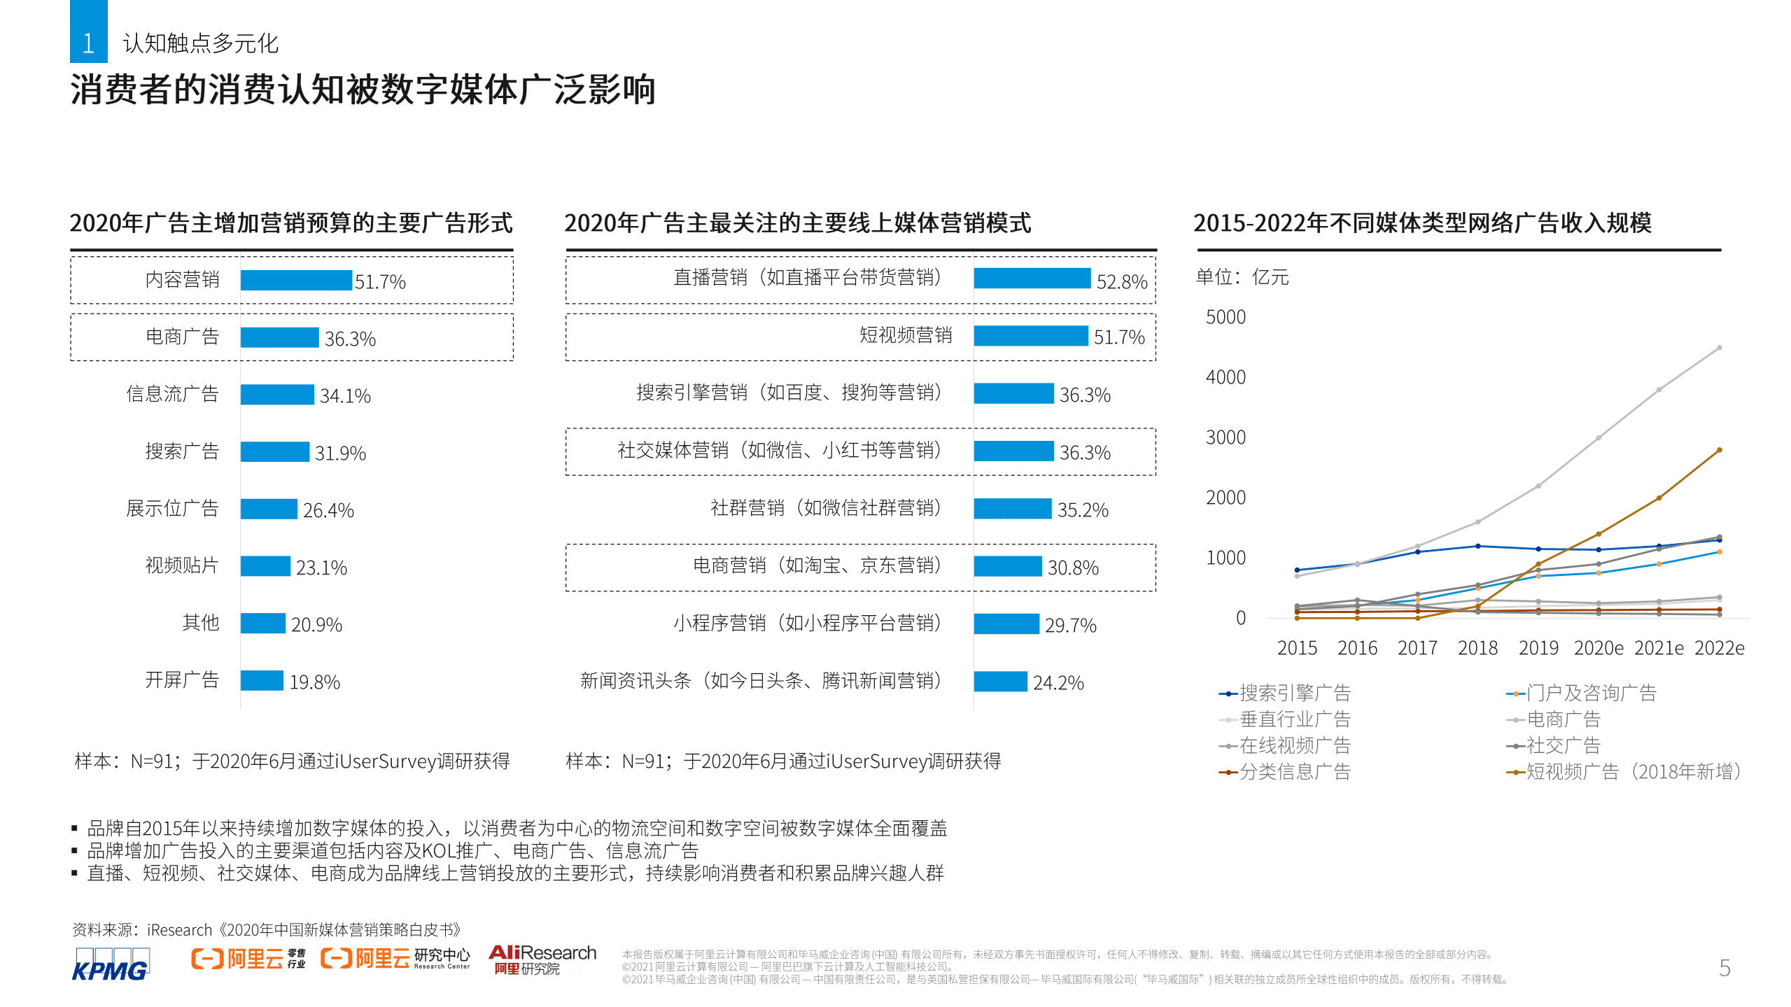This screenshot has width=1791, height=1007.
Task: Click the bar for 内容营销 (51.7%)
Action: pos(296,280)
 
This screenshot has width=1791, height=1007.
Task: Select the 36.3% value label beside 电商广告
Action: pos(350,339)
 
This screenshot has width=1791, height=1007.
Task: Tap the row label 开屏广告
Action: pos(182,679)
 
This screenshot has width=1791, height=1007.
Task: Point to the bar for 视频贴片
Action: pos(265,565)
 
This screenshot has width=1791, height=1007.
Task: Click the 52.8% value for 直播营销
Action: pos(1121,281)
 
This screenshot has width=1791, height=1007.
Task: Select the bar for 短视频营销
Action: pos(1030,336)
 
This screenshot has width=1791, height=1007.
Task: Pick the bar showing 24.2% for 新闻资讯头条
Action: pos(1000,681)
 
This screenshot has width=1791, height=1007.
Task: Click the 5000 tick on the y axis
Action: pos(1225,317)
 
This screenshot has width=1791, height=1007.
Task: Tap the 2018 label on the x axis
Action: pos(1477,648)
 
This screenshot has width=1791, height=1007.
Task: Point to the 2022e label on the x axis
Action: pos(1719,648)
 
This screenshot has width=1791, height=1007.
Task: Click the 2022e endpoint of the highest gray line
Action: pos(1719,348)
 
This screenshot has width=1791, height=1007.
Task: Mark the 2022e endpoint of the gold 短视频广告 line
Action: pos(1719,450)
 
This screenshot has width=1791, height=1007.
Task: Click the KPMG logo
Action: pos(111,964)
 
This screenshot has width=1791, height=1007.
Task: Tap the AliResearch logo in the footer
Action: pos(542,959)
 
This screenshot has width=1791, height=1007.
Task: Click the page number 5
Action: pos(1725,968)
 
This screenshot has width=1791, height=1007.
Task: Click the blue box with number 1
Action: pos(88,33)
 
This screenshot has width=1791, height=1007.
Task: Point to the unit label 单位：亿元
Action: pos(1242,277)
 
